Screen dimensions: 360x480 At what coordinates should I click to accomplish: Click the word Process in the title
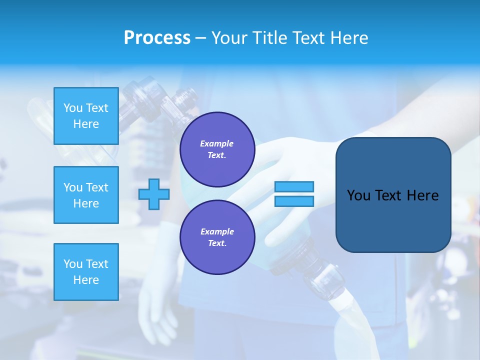[157, 38]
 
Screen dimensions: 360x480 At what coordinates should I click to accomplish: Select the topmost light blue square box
[86, 116]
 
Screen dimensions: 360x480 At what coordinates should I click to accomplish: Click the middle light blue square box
[86, 195]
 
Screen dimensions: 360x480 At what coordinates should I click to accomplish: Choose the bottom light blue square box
[86, 271]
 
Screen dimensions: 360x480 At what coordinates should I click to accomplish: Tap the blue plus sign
[154, 194]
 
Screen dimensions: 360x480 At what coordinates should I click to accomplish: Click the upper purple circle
[217, 149]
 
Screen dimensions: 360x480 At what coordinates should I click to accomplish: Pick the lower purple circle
[217, 237]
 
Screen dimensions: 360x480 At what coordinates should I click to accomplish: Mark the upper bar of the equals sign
[294, 187]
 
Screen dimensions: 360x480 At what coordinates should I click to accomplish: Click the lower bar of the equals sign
[294, 201]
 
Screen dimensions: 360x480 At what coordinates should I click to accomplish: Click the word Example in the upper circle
[217, 143]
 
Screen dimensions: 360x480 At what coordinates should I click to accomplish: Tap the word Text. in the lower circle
[217, 243]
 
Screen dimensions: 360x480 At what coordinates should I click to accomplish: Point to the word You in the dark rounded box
[358, 195]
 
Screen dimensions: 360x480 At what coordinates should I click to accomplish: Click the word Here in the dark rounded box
[422, 195]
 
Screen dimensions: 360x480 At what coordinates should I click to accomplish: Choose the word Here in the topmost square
[86, 124]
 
